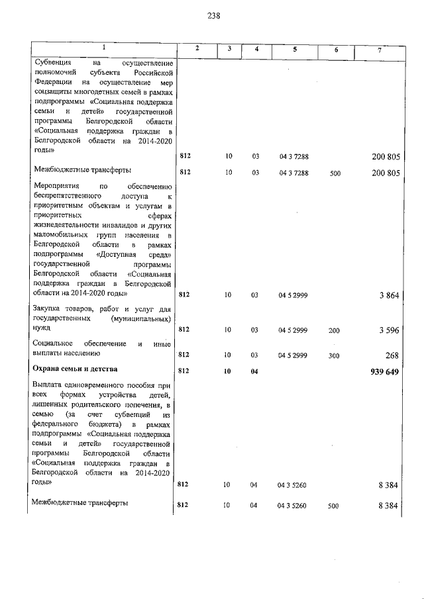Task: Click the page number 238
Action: (x=213, y=15)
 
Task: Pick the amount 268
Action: (x=392, y=355)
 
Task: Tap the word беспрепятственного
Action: (x=70, y=197)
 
